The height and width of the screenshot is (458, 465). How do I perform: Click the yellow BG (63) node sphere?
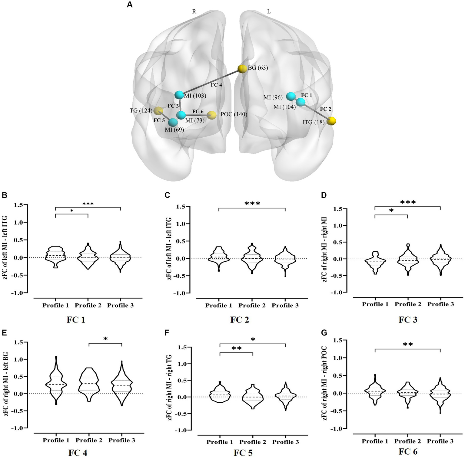(x=242, y=69)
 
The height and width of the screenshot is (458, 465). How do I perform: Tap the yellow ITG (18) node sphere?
(x=332, y=121)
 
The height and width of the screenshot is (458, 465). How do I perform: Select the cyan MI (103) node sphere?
(x=179, y=95)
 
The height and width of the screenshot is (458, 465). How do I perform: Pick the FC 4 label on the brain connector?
(x=216, y=85)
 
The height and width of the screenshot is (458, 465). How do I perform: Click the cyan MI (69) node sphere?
(x=173, y=123)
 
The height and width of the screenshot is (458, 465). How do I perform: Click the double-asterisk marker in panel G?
(x=407, y=345)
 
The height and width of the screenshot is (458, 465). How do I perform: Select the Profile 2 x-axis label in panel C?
(x=252, y=306)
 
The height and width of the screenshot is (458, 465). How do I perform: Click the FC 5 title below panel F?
(x=243, y=453)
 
